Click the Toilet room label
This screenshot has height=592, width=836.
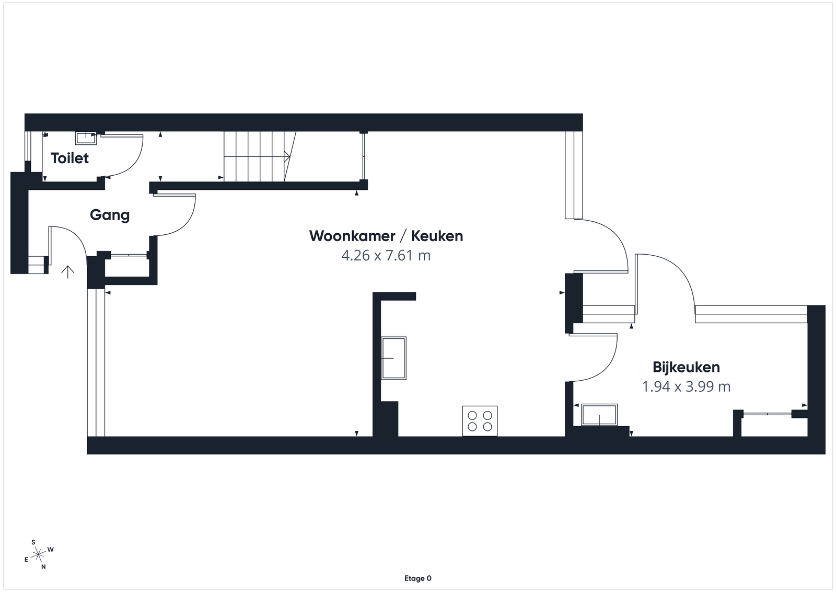[x=70, y=158]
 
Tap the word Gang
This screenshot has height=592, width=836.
[x=110, y=215]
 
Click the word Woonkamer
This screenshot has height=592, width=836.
[x=352, y=236]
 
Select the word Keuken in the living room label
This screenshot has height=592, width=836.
[x=437, y=236]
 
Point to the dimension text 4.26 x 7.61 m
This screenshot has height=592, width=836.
[x=386, y=256]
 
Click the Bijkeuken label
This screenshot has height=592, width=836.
[x=686, y=367]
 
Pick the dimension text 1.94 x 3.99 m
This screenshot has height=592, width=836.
[x=686, y=386]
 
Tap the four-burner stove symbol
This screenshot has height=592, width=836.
[x=480, y=421]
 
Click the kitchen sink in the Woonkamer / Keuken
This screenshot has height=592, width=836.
[x=394, y=358]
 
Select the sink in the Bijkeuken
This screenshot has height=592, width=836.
[x=599, y=415]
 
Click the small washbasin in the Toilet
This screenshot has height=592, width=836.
[x=86, y=138]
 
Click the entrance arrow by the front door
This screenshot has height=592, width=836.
[x=67, y=272]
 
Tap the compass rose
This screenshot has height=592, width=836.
[x=39, y=554]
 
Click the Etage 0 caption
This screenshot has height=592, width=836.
[x=417, y=578]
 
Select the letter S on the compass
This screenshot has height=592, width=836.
[x=33, y=542]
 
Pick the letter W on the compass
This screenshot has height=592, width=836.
[x=51, y=550]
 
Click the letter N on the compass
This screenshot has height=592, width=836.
[x=44, y=566]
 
